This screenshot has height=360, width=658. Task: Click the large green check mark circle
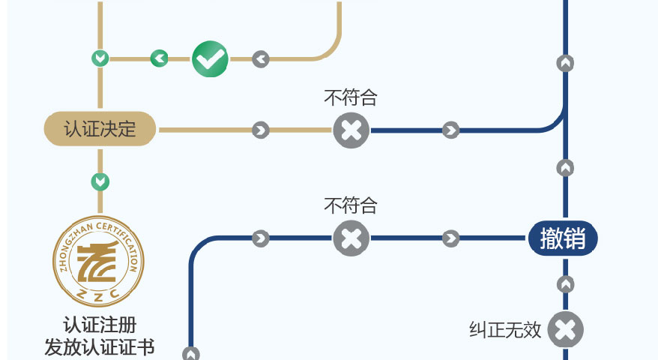210,58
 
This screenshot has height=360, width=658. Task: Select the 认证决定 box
100,129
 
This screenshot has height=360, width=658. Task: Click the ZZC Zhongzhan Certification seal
98,259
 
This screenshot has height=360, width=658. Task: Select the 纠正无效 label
505,330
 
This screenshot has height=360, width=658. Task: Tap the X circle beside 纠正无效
566,330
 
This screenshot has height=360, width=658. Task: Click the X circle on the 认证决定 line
351,130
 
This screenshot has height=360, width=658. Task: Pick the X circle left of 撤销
351,238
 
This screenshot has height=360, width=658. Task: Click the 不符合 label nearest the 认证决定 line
350,97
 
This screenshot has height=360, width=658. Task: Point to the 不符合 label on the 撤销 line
350,205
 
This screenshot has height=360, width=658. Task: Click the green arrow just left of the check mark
159,58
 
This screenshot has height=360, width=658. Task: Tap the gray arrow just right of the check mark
260,58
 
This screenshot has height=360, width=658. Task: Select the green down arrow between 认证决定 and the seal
100,181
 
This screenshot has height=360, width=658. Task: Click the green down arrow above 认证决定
100,58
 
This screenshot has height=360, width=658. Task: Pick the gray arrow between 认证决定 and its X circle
260,130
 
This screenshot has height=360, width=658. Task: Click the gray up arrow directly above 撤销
566,167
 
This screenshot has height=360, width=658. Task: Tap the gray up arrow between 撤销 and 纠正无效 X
566,285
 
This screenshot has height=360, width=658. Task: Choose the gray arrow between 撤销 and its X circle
450,238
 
